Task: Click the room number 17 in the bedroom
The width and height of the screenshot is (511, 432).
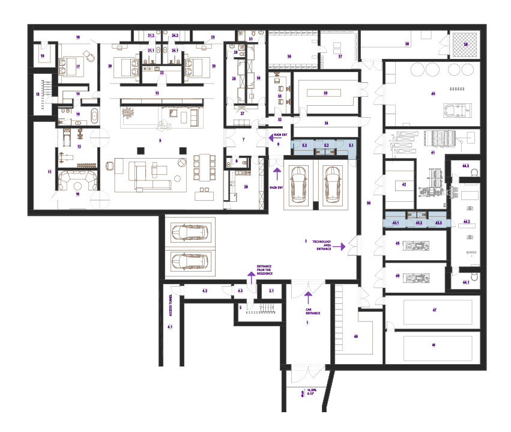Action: tap(77, 67)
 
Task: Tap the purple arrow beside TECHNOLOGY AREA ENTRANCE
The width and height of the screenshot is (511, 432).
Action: tap(342, 246)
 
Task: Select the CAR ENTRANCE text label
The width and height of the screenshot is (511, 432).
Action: tap(313, 311)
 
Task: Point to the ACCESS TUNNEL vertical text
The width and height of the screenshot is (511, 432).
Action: tap(171, 305)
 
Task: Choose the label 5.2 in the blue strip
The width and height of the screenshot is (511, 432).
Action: tap(326, 145)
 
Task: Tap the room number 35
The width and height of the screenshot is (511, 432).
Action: tap(325, 93)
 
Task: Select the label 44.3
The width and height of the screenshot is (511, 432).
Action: tap(466, 165)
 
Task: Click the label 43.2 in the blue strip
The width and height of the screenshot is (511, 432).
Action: tap(419, 223)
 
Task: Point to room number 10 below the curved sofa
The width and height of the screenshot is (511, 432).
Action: tap(77, 194)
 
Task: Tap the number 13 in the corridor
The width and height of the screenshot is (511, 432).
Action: tap(157, 94)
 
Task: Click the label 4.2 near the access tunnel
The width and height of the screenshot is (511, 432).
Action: tap(205, 291)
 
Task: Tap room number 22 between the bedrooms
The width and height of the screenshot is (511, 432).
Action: tap(161, 72)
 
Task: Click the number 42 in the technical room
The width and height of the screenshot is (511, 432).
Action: tap(404, 184)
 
